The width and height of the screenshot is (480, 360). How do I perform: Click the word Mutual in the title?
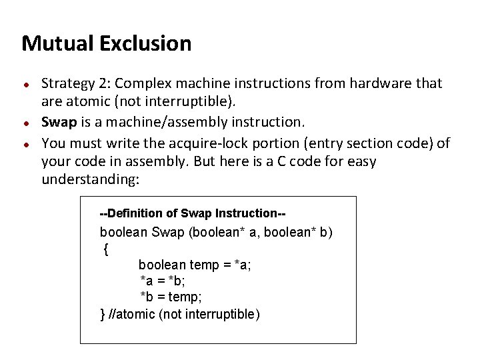click(57, 44)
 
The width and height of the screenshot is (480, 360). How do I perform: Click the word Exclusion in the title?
click(145, 44)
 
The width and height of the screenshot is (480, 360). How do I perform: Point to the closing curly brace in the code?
click(103, 314)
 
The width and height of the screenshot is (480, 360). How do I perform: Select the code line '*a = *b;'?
click(163, 281)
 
